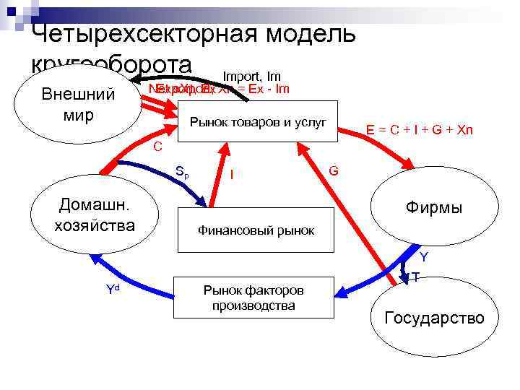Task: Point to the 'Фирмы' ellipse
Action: [433, 208]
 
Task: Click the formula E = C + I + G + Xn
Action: [419, 130]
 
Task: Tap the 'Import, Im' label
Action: [251, 76]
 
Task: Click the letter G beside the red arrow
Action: [334, 170]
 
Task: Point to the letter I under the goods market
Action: [231, 174]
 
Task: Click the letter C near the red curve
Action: [157, 147]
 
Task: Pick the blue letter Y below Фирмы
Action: [424, 257]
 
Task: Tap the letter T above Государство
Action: [417, 277]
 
